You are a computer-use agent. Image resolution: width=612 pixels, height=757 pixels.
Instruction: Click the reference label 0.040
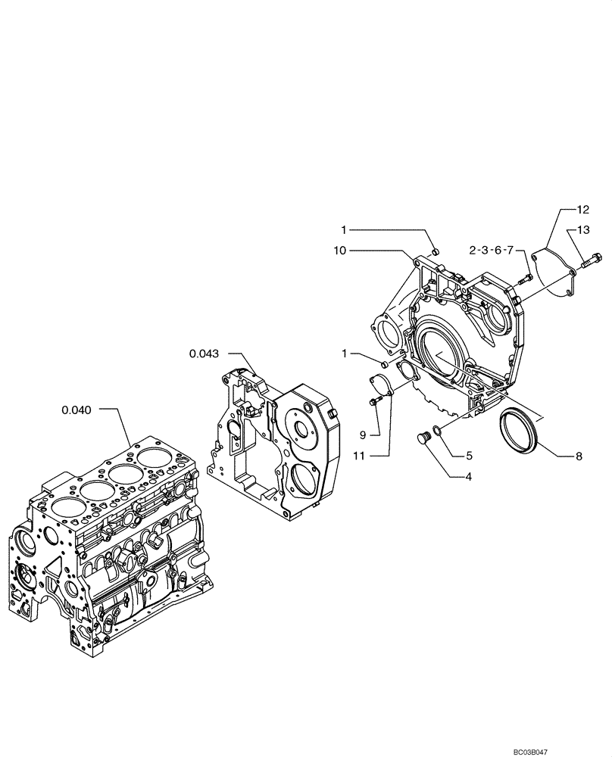click(76, 410)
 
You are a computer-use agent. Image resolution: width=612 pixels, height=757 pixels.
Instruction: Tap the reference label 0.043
click(204, 353)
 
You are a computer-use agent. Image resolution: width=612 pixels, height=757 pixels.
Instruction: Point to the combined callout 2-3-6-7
click(492, 250)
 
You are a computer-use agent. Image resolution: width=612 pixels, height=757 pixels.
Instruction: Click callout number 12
click(582, 210)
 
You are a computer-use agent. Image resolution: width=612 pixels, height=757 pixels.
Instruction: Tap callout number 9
click(363, 435)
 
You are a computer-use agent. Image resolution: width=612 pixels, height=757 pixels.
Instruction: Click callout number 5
click(469, 456)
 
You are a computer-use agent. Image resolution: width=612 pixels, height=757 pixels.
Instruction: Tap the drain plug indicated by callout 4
click(424, 438)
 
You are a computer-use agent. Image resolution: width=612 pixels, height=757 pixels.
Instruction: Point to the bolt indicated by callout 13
click(592, 260)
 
